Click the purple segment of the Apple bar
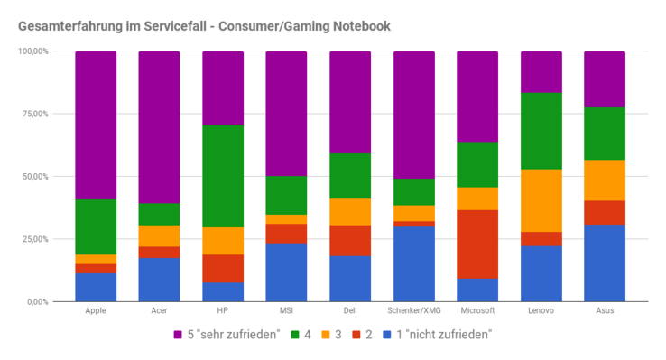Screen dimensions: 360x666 (x=96, y=125)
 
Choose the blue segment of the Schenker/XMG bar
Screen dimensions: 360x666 (x=414, y=263)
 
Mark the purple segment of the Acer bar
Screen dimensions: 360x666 (x=159, y=126)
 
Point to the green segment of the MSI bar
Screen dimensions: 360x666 (x=286, y=195)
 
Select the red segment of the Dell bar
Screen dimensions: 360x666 (x=350, y=240)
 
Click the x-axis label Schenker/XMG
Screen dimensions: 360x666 (x=414, y=311)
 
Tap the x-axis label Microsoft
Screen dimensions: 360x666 (x=477, y=311)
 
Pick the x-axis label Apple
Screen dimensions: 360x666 (x=96, y=311)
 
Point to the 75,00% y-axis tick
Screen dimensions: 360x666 (x=34, y=114)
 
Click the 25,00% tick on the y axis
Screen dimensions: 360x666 (x=34, y=239)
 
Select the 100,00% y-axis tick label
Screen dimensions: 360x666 (x=32, y=51)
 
